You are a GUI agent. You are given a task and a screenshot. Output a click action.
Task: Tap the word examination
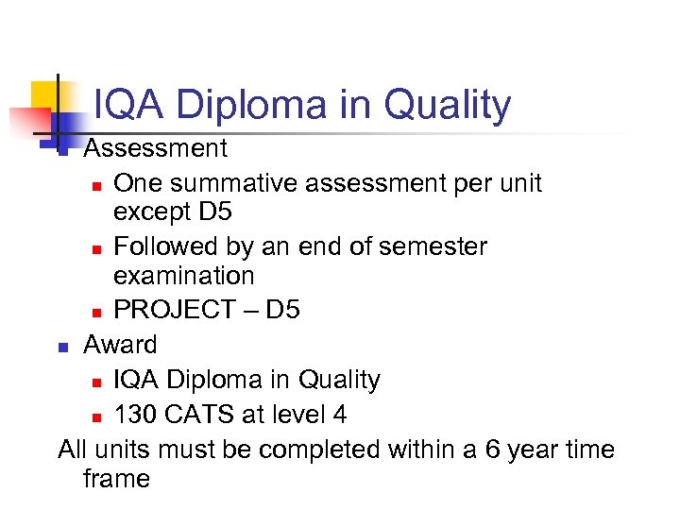183,276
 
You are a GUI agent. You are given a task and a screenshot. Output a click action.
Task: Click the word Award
120,345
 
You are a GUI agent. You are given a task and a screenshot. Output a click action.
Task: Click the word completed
319,449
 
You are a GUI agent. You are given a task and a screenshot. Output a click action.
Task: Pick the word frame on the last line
116,479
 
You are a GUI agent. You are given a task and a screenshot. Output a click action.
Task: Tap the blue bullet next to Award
63,347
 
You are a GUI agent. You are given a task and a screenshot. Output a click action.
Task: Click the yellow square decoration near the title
45,94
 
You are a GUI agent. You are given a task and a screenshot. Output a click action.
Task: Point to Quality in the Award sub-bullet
339,380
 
